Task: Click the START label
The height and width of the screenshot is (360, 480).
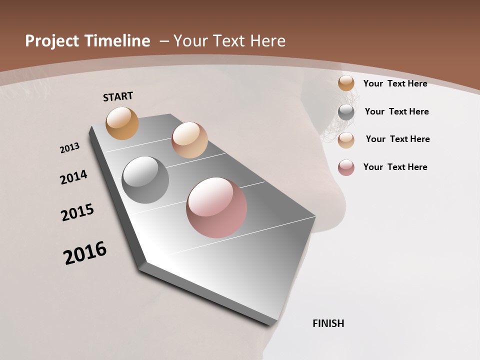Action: (x=118, y=96)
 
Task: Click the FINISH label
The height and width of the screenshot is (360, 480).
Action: (x=328, y=323)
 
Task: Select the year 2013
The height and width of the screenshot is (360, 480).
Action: (x=69, y=148)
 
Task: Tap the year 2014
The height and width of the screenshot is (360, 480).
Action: (x=73, y=177)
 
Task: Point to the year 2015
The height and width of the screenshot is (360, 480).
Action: (x=77, y=212)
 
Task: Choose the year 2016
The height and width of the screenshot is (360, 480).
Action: (x=85, y=253)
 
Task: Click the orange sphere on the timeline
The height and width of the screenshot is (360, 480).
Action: (x=122, y=123)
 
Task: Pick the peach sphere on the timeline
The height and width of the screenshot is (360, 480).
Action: (x=189, y=140)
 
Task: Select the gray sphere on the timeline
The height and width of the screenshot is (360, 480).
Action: (x=145, y=180)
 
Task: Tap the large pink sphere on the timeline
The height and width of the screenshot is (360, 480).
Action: (x=216, y=207)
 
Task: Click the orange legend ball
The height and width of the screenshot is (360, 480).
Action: (x=346, y=83)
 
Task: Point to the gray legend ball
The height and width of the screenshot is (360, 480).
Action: (x=346, y=112)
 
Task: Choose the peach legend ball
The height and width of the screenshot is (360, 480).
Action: (x=346, y=140)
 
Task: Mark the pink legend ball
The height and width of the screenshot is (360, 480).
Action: (x=346, y=167)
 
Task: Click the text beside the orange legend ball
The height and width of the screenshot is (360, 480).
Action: (x=395, y=83)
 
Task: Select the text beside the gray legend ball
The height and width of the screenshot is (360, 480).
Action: (x=396, y=111)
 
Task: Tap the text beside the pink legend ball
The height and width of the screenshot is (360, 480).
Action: (x=395, y=167)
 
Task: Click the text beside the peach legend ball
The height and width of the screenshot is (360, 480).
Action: (x=397, y=139)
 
